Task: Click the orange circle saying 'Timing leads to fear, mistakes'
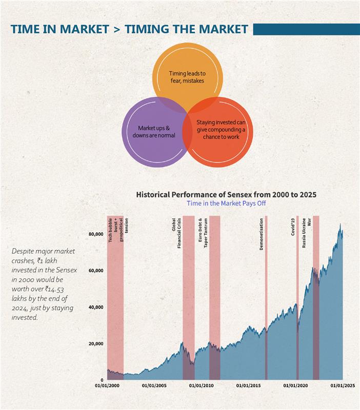188,77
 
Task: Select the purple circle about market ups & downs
156,132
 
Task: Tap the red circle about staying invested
221,132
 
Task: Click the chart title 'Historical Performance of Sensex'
226,195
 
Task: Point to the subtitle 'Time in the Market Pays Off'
226,203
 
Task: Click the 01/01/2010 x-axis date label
202,385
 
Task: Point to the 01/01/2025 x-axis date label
343,385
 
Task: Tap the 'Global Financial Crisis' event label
176,234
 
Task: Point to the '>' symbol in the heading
116,29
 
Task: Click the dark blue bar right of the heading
306,29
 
